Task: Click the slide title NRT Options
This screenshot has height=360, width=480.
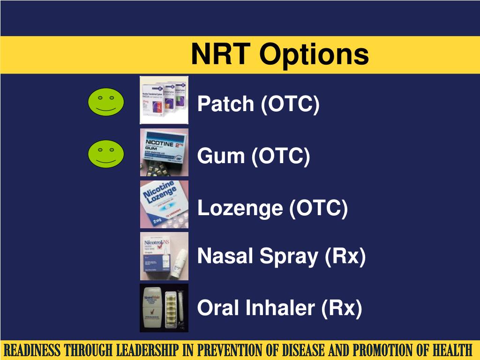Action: click(x=280, y=54)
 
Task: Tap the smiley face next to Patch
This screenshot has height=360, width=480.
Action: click(x=106, y=102)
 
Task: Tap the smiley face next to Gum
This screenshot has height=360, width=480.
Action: click(x=106, y=154)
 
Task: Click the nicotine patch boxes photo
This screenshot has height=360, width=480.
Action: click(x=164, y=100)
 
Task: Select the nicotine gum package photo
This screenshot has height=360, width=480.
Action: click(x=164, y=152)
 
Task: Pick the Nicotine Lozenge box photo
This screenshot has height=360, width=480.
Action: click(x=164, y=204)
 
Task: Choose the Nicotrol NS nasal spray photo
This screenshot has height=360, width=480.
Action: click(x=164, y=256)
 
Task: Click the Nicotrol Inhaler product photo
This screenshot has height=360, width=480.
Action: click(x=164, y=308)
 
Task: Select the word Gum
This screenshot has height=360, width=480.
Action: click(x=221, y=156)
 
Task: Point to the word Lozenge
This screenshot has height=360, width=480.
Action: click(x=240, y=208)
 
